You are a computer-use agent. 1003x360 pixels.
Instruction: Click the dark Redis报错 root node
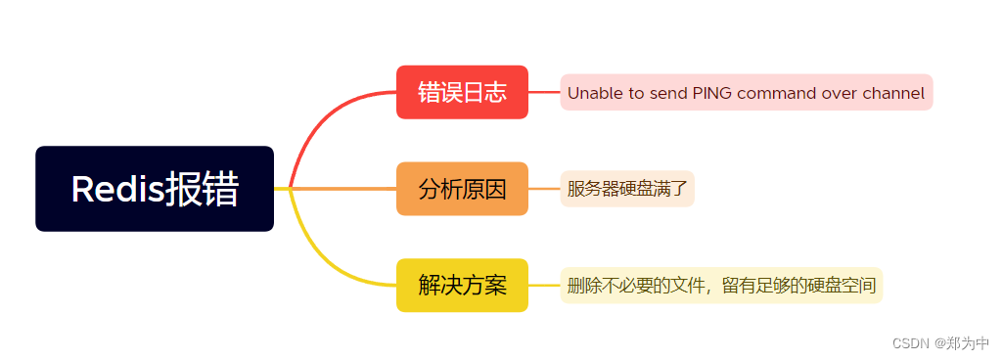coord(154,189)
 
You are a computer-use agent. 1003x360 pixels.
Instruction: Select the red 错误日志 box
coord(462,92)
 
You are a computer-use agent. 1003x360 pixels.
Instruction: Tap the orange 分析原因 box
coord(462,189)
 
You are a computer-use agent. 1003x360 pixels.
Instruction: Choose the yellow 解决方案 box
coord(462,285)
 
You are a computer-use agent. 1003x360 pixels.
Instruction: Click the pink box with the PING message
coord(746,93)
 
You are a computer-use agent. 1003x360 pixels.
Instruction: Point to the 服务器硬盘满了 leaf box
coord(627,189)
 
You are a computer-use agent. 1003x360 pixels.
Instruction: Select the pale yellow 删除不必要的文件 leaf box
coord(721,286)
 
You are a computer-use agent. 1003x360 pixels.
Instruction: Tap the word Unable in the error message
coord(593,94)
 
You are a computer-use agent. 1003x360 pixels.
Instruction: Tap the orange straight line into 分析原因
coord(342,188)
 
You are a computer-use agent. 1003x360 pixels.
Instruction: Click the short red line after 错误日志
coord(544,92)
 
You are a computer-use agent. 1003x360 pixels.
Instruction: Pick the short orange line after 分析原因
coord(544,188)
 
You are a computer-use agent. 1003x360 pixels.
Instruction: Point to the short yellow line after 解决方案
coord(544,285)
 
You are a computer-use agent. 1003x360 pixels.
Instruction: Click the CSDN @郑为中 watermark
coord(940,343)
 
